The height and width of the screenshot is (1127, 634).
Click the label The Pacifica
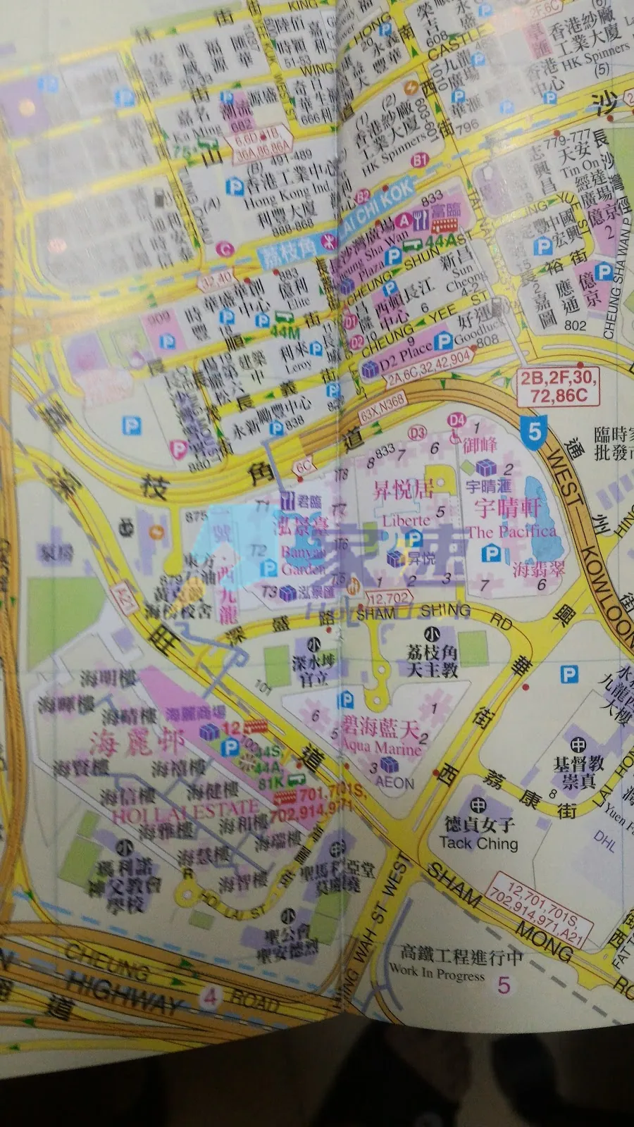[x=511, y=532]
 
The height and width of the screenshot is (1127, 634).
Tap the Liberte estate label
[x=406, y=521]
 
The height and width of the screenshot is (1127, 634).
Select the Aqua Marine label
[x=381, y=747]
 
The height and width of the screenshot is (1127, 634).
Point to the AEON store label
[x=394, y=782]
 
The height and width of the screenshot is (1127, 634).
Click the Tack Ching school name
[x=478, y=843]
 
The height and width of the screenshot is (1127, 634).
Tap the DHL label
[x=604, y=839]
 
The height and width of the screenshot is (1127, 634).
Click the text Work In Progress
[x=437, y=973]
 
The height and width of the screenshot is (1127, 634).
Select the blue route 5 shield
[x=535, y=430]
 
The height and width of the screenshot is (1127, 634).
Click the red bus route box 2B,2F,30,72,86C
[x=558, y=386]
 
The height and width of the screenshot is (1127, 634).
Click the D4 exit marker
[x=457, y=420]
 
